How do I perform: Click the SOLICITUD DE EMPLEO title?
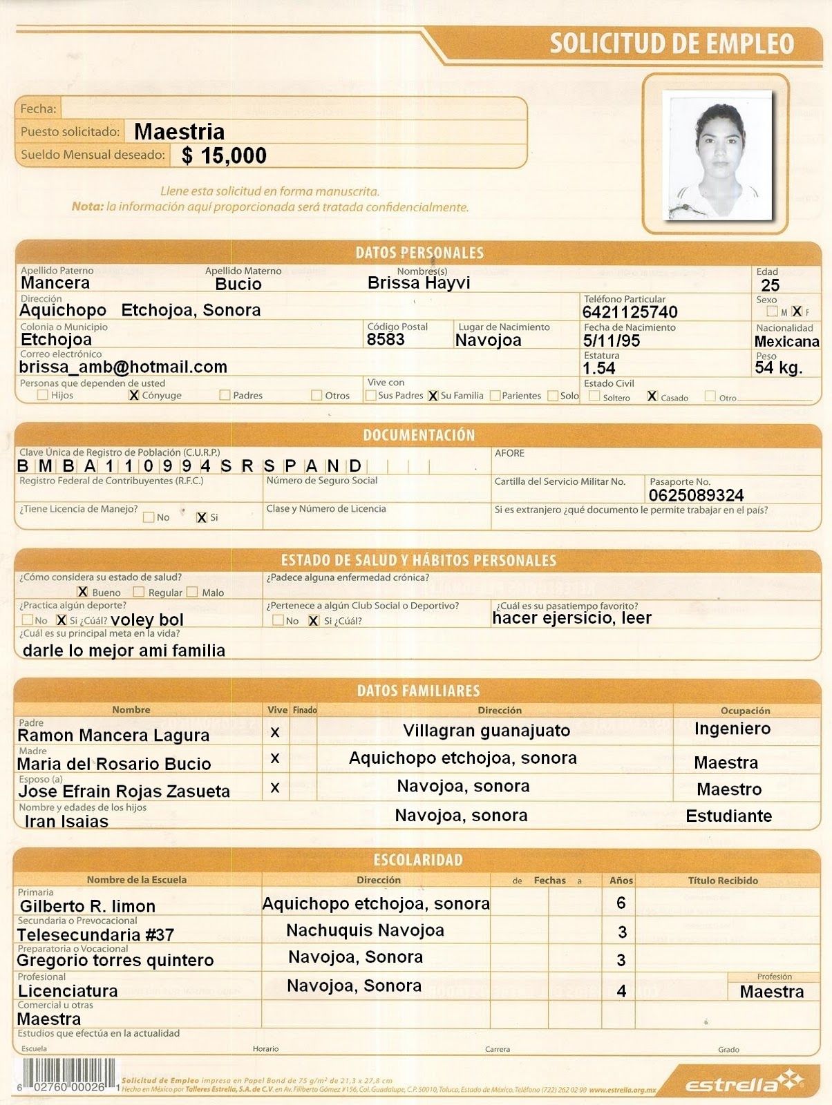click(672, 44)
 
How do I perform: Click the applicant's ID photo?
click(716, 155)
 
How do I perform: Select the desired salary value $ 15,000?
click(225, 155)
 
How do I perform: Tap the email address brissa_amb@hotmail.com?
click(123, 367)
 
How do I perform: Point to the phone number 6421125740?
click(630, 312)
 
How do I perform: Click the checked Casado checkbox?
click(652, 396)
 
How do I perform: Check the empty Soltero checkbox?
click(594, 396)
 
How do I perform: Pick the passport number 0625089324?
click(696, 495)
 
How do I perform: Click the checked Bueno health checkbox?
click(82, 592)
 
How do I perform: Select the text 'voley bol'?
click(147, 619)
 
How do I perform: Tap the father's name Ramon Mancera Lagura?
click(113, 736)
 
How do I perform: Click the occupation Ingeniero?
click(732, 729)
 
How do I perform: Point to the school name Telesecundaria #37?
click(95, 934)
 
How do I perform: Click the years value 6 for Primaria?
click(621, 903)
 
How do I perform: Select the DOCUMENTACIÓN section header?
click(419, 435)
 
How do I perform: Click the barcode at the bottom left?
click(62, 1075)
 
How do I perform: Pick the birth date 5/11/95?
click(612, 340)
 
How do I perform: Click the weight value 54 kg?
click(779, 367)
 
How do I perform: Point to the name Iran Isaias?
click(66, 821)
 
